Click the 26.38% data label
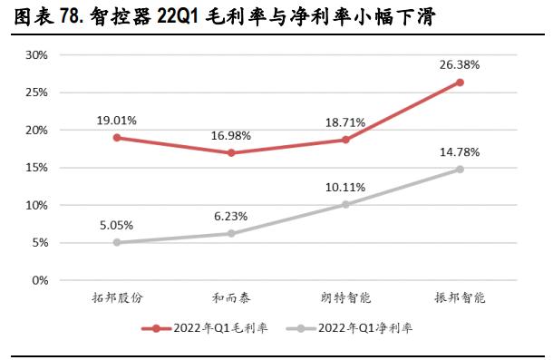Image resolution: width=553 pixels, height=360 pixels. (x=460, y=65)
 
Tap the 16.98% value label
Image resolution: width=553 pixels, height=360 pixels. (x=231, y=135)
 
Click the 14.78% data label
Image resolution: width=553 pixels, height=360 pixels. (x=460, y=151)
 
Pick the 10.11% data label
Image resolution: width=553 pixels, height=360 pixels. (x=344, y=188)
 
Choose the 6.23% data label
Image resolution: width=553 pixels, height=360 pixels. (x=231, y=216)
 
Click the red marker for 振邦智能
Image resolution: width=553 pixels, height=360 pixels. (x=460, y=83)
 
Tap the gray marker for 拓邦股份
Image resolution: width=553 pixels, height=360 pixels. (x=118, y=242)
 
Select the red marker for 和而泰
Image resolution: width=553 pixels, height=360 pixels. (x=231, y=153)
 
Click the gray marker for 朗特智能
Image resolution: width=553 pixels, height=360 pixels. (x=344, y=204)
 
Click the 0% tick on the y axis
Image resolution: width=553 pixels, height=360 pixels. (x=38, y=280)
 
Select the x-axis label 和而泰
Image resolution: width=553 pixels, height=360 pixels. (x=231, y=297)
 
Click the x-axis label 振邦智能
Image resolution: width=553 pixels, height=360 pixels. (x=460, y=297)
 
